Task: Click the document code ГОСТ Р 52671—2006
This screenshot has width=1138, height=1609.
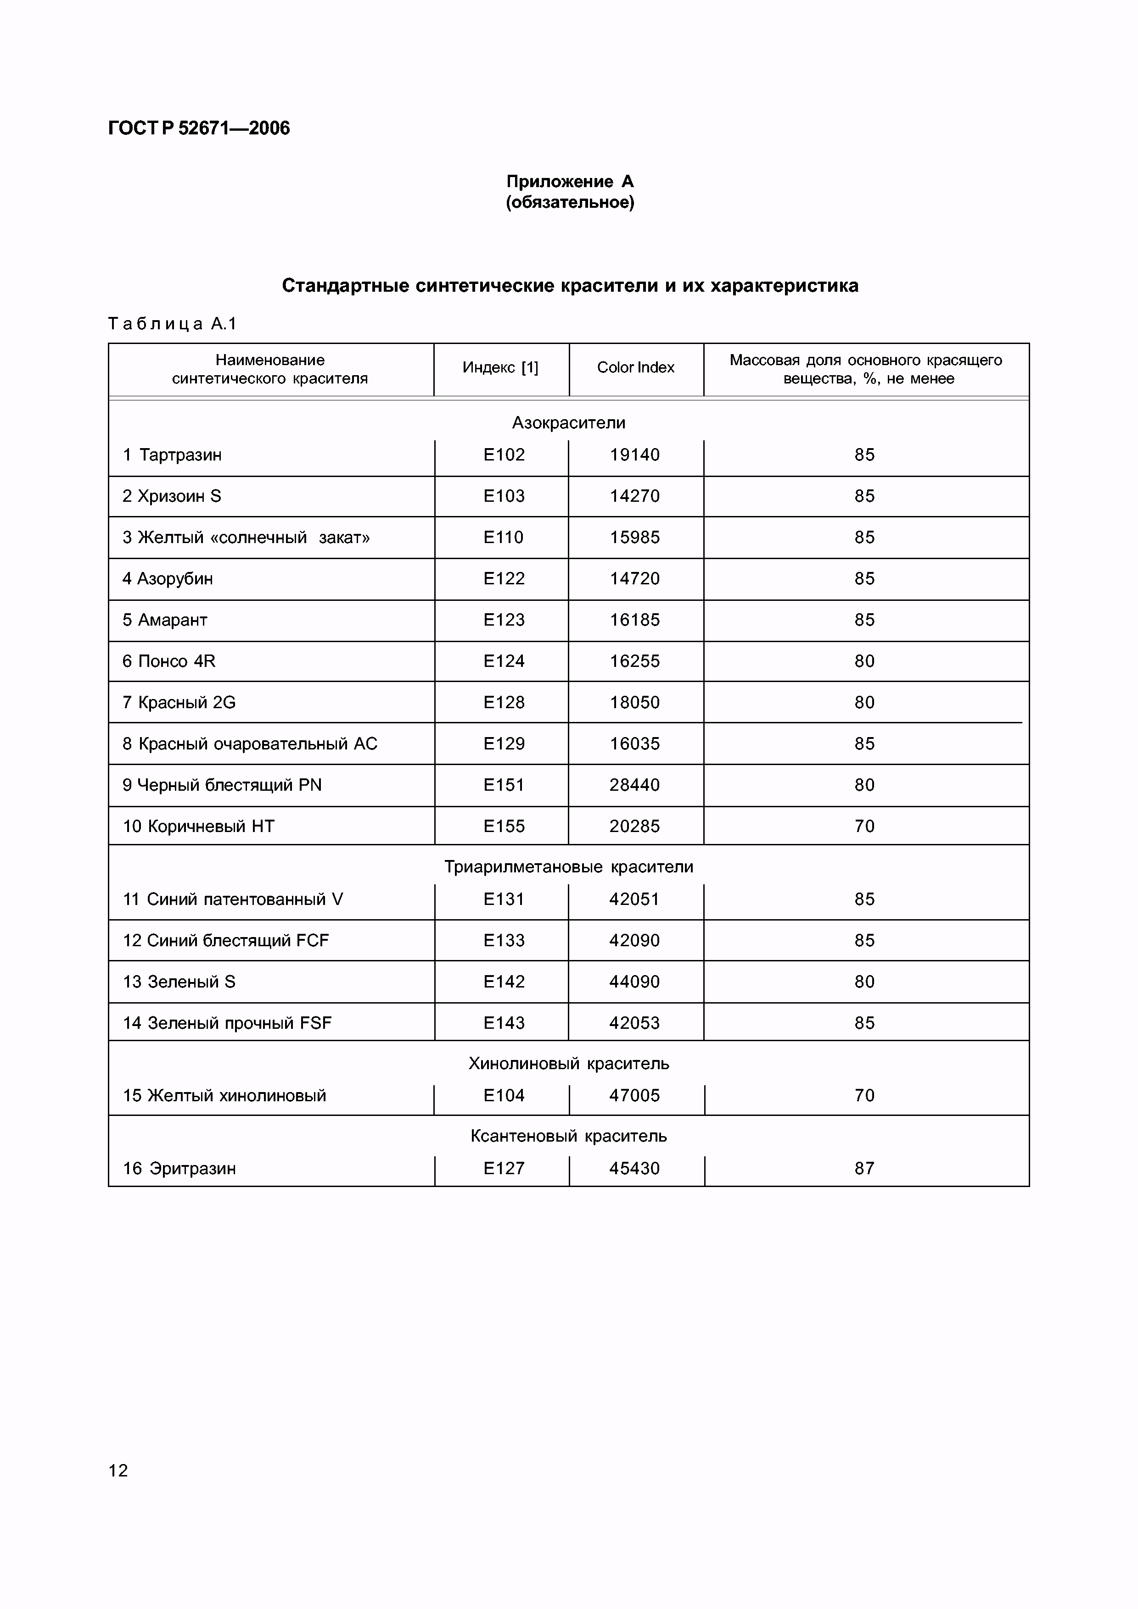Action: click(x=199, y=128)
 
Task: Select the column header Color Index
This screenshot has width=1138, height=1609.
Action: click(x=635, y=367)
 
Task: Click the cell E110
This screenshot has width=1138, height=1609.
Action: click(x=504, y=538)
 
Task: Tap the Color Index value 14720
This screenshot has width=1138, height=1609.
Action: click(x=634, y=579)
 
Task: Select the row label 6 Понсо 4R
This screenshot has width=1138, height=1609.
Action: click(x=169, y=661)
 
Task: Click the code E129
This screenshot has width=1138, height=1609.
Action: click(x=504, y=743)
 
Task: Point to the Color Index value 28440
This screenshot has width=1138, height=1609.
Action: click(x=634, y=785)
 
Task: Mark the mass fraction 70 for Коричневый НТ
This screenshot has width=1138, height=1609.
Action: click(x=864, y=826)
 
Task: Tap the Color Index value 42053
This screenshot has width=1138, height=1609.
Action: click(x=634, y=1023)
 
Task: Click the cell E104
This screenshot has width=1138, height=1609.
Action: click(x=504, y=1095)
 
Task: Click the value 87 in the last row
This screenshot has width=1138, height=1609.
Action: click(x=864, y=1168)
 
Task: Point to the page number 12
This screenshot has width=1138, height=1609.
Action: click(x=118, y=1470)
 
